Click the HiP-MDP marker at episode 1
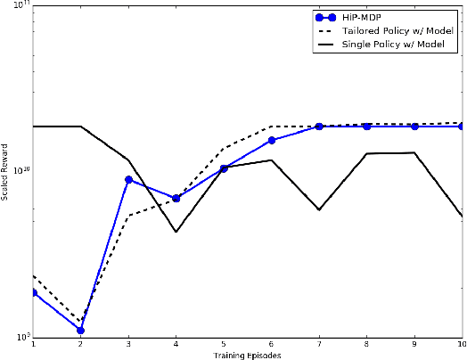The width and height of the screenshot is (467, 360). click(33, 292)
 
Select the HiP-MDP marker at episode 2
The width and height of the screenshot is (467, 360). click(80, 331)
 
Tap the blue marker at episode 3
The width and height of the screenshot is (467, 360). click(128, 180)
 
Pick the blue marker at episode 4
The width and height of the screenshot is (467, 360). click(176, 199)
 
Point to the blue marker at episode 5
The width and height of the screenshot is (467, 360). click(224, 168)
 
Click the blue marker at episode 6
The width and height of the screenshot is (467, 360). click(272, 141)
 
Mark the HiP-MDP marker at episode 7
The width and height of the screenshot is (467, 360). click(319, 127)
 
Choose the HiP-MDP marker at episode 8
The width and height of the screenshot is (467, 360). click(367, 127)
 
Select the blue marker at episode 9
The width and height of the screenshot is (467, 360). click(414, 127)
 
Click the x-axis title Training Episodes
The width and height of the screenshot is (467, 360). click(248, 356)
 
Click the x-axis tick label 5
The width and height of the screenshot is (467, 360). click(224, 344)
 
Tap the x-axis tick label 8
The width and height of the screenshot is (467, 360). click(367, 344)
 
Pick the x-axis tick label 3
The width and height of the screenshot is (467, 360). click(128, 344)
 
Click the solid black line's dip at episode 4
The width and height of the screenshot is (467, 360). click(176, 232)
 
